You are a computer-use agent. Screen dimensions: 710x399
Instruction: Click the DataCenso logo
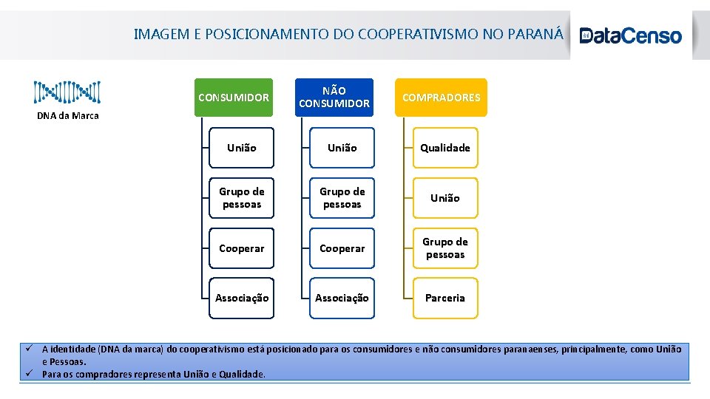tap(631, 35)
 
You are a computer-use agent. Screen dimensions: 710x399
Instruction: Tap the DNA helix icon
tap(67, 92)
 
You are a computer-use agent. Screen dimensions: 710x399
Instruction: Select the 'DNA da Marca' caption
tap(68, 115)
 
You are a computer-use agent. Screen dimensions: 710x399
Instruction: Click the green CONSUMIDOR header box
tap(234, 98)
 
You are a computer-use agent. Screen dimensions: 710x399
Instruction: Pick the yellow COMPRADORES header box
tap(441, 98)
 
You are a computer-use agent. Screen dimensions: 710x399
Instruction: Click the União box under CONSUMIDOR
tap(242, 148)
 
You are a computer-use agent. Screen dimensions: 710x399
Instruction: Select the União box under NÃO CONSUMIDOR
tap(342, 148)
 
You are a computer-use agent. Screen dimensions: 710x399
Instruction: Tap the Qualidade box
tap(445, 148)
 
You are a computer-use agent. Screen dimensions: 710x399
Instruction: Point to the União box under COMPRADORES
tap(445, 198)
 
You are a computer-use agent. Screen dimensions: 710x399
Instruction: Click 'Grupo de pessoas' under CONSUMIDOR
tap(242, 198)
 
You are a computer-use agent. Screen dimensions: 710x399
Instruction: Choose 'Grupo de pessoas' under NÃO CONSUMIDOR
tap(342, 198)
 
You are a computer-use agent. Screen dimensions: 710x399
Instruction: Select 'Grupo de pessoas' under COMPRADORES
tap(445, 248)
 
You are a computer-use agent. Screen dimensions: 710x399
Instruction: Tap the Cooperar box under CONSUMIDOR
tap(242, 248)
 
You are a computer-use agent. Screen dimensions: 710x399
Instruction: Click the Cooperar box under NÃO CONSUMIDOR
tap(342, 248)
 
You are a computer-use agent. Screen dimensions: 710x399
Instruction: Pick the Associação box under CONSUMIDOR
tap(242, 299)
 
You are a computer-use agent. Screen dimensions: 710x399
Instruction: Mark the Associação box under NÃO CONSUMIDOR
tap(342, 299)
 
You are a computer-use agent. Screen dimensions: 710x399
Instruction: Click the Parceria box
tap(445, 299)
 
